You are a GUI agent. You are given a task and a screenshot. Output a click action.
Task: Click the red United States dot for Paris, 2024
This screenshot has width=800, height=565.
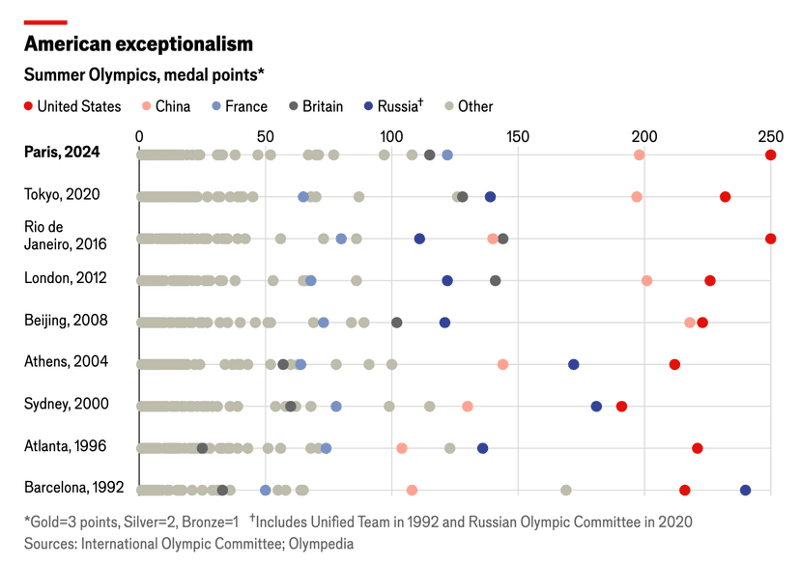pos(770,155)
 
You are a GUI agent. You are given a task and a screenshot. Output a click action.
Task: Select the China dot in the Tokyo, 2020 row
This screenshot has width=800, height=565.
pos(637,197)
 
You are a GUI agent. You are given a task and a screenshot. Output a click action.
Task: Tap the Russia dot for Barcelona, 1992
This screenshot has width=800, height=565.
pos(745,491)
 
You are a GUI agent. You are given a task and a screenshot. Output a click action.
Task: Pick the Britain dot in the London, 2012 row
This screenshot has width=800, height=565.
pos(496,280)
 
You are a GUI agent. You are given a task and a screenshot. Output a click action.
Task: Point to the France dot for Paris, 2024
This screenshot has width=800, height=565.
pos(447,155)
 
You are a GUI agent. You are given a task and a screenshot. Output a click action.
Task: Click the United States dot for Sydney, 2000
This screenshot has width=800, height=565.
pos(621,407)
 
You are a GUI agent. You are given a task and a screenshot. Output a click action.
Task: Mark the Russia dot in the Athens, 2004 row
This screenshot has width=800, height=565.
pos(574,364)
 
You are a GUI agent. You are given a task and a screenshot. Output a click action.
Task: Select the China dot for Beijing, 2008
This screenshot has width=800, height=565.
pos(689,323)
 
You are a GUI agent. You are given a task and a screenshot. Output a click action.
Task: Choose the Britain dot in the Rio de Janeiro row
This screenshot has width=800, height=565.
pos(502,239)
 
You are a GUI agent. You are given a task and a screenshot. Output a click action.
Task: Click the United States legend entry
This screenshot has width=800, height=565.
pos(72,106)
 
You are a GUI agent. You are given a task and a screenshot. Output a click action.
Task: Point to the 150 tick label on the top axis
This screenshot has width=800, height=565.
pos(518,136)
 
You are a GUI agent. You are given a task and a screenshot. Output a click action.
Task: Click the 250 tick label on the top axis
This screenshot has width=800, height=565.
pos(770,136)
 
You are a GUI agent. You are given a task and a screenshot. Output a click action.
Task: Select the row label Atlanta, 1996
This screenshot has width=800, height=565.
pos(65,446)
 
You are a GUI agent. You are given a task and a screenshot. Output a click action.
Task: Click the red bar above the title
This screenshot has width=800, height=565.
pos(45,21)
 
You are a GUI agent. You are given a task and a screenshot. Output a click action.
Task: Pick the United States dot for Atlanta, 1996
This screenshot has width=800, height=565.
pos(697,448)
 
